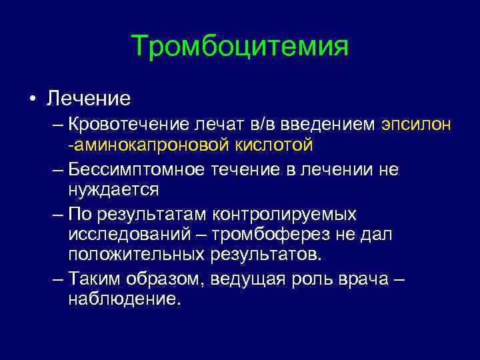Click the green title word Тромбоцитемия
pyautogui.click(x=239, y=47)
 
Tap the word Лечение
pyautogui.click(x=88, y=99)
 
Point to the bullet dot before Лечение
pyautogui.click(x=31, y=99)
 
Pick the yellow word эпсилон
pyautogui.click(x=417, y=125)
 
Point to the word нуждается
pyautogui.click(x=113, y=190)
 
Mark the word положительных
pyautogui.click(x=136, y=255)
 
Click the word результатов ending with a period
pyautogui.click(x=266, y=255)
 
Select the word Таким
pyautogui.click(x=92, y=279)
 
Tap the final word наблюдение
pyautogui.click(x=124, y=299)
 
